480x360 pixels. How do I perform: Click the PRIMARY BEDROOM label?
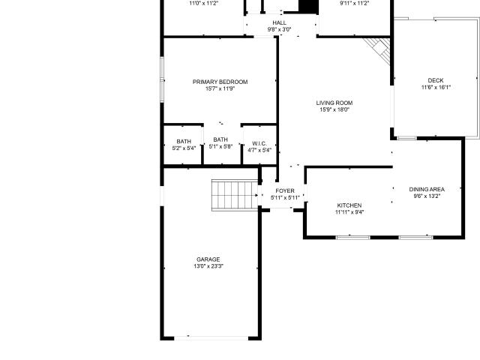tap(220, 82)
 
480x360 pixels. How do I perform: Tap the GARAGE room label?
tap(208, 259)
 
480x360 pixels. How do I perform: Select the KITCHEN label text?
tap(349, 205)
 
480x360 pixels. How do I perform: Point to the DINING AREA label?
tap(427, 189)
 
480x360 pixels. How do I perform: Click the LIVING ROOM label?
tap(334, 103)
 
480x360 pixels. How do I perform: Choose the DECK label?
tap(436, 80)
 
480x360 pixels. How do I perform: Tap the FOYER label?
tap(285, 190)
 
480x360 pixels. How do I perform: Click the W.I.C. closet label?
tap(259, 143)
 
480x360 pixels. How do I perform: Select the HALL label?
tap(280, 22)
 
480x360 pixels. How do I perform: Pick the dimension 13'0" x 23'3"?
tap(208, 266)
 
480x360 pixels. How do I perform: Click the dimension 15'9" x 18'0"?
tap(334, 109)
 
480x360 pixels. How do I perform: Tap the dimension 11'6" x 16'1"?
tap(436, 87)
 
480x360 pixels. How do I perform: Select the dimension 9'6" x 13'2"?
tap(427, 196)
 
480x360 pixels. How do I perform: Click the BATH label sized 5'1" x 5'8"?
tap(220, 139)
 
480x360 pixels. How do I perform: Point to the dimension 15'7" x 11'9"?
tap(220, 88)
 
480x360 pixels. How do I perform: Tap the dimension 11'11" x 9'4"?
tap(349, 212)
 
